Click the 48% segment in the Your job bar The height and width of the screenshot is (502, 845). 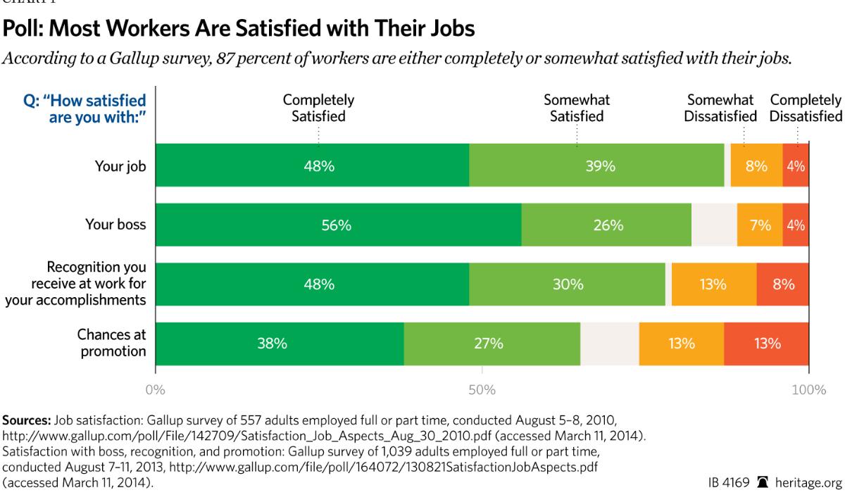tap(312, 166)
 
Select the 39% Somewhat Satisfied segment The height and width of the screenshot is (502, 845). tap(596, 166)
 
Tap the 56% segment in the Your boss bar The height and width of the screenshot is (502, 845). tap(338, 225)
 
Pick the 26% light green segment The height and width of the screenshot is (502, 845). tap(606, 225)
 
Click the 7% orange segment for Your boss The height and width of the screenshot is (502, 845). tap(760, 225)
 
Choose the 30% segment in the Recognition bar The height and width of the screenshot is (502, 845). tap(568, 284)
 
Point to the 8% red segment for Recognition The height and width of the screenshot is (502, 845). tap(783, 284)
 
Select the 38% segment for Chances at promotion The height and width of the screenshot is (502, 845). tap(280, 344)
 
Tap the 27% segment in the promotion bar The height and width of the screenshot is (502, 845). tap(492, 344)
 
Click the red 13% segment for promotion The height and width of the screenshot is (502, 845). tap(766, 344)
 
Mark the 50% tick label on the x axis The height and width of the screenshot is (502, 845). tap(482, 389)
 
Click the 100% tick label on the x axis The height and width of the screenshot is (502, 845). tap(808, 389)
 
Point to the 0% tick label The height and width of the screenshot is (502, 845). tap(155, 389)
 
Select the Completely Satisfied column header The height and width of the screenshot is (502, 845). tap(318, 108)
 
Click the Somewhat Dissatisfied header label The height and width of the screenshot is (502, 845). tap(720, 108)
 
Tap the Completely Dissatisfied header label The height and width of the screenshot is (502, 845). tap(806, 108)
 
